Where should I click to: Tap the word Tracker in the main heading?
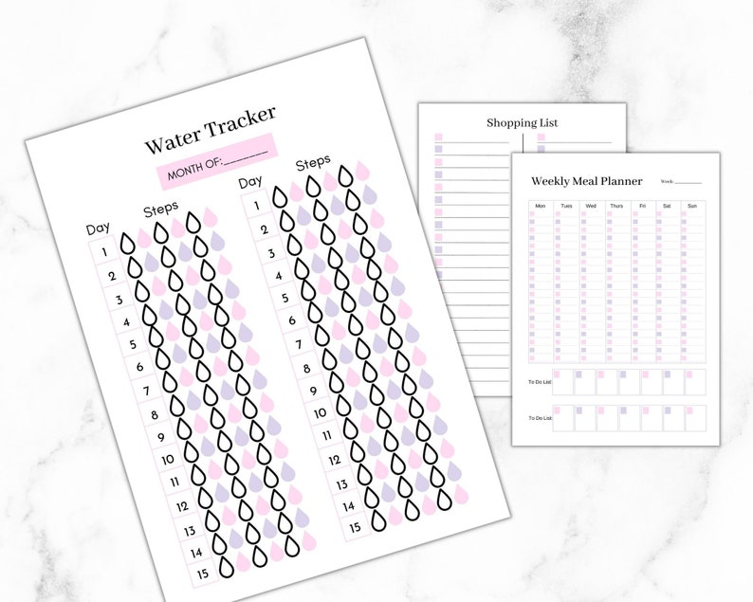point(240,120)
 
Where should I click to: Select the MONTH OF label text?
point(194,168)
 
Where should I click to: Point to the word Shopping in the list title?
point(511,123)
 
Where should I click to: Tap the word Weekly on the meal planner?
point(551,181)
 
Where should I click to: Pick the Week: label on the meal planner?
point(666,181)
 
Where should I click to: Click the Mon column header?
point(541,206)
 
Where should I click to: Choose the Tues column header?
point(566,206)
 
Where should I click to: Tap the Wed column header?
point(591,206)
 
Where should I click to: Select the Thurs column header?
point(616,206)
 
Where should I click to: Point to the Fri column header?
point(642,206)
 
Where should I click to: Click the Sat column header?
point(667,206)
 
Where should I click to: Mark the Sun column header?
point(692,206)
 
